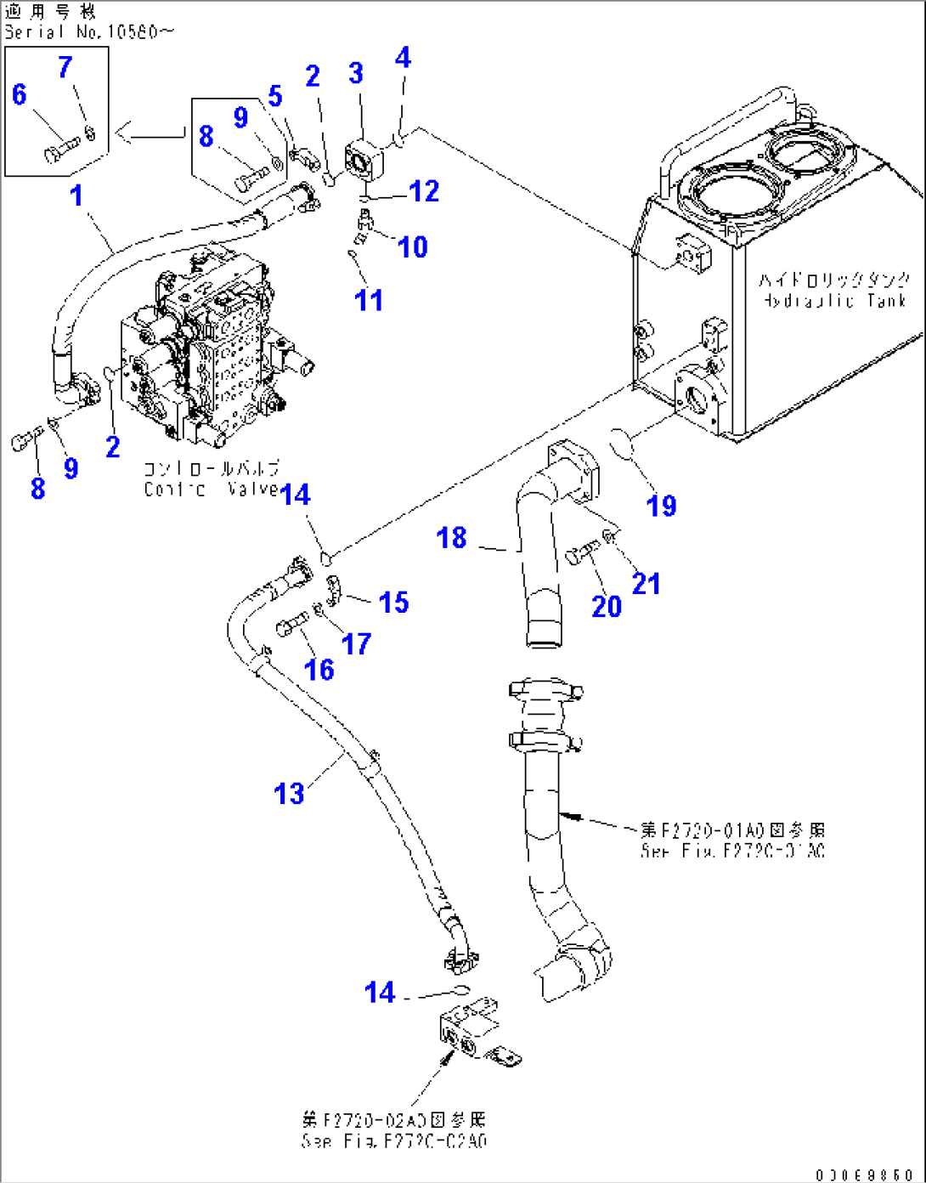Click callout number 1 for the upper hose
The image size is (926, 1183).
point(76,196)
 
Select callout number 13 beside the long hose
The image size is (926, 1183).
point(289,794)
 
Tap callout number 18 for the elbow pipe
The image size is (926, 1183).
point(451,537)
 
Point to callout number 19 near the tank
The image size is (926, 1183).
point(662,506)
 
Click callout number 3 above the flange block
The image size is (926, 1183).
point(356,74)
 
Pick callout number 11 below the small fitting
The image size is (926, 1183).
point(369,300)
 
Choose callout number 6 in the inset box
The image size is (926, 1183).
point(20,94)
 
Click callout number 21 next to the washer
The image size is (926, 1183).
point(646,583)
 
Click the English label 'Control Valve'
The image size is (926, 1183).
point(211,490)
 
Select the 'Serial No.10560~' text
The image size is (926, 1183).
point(89,32)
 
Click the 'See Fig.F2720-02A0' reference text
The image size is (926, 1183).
point(394,1141)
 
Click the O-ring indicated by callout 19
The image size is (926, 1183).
point(627,444)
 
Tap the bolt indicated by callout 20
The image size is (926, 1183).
point(582,555)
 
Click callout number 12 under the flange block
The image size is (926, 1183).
point(424,191)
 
